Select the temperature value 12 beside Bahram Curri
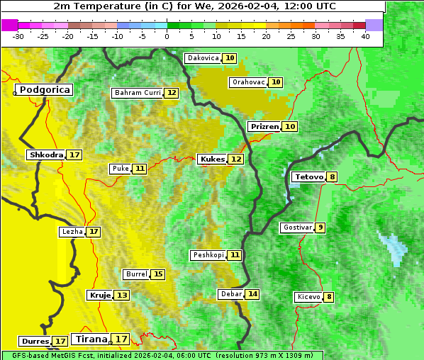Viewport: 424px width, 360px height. pyautogui.click(x=172, y=93)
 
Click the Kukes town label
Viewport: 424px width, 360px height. pyautogui.click(x=212, y=159)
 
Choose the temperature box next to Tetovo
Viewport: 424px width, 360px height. pyautogui.click(x=332, y=176)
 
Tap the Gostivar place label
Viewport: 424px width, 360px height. pyautogui.click(x=297, y=227)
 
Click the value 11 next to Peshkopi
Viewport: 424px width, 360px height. pyautogui.click(x=235, y=255)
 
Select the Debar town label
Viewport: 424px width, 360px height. pyautogui.click(x=231, y=294)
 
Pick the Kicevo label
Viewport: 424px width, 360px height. pyautogui.click(x=308, y=297)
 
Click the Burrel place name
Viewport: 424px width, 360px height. pyautogui.click(x=136, y=274)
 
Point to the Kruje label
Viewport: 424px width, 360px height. pyautogui.click(x=99, y=295)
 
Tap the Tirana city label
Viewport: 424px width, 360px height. pyautogui.click(x=90, y=339)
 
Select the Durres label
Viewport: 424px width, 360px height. pyautogui.click(x=35, y=342)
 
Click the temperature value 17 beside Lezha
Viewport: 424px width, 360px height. pyautogui.click(x=94, y=232)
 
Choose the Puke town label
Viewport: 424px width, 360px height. pyautogui.click(x=120, y=169)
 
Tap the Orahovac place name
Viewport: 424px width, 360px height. pyautogui.click(x=248, y=82)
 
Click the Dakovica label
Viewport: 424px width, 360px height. pyautogui.click(x=203, y=58)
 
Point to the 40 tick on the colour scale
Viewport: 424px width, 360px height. pyautogui.click(x=365, y=36)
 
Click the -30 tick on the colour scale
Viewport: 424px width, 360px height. pyautogui.click(x=18, y=36)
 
